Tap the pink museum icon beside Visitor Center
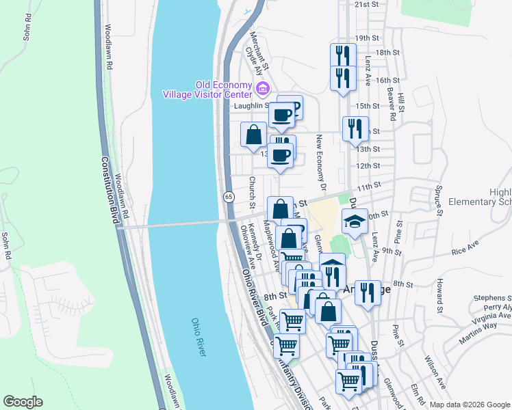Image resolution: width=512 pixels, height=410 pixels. pos(262,89)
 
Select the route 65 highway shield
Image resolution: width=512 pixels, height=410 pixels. pos(227,197)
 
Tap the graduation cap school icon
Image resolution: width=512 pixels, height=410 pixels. pos(355,222)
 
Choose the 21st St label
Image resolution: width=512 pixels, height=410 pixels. pos(366,4)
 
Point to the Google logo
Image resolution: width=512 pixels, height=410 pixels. pos(23,402)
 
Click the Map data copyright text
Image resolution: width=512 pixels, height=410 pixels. pos(470,405)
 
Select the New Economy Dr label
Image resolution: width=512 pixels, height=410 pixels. pos(320,156)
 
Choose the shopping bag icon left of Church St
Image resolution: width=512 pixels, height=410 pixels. pos(253,135)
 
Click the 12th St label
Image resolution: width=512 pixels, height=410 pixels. pos(368,166)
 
